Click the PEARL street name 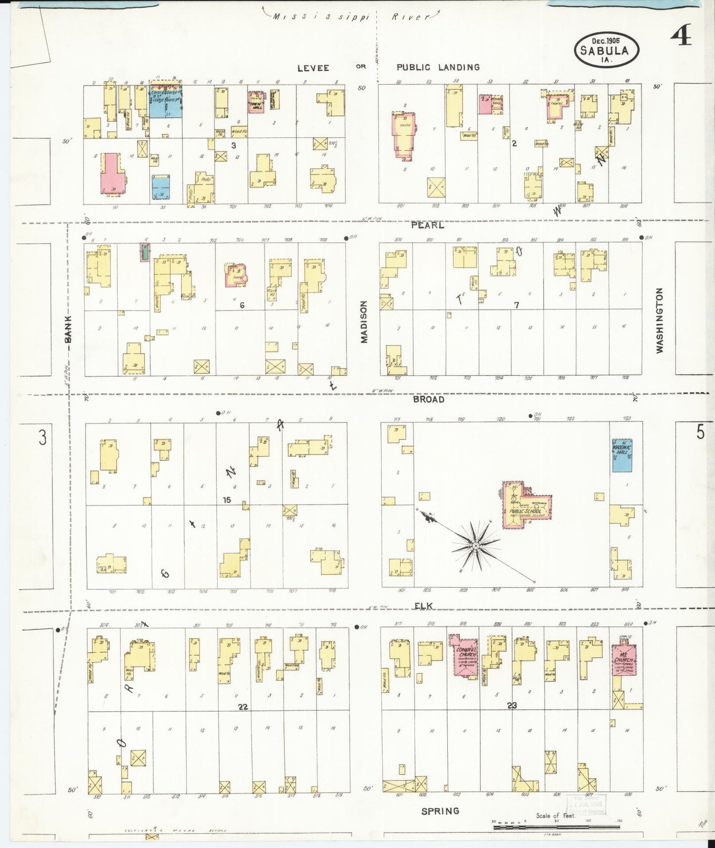(x=428, y=225)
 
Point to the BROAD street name (x=429, y=399)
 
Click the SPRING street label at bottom (x=440, y=811)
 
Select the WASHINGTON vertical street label (x=659, y=321)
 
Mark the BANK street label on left (x=68, y=330)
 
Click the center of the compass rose (x=475, y=546)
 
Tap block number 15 (x=227, y=500)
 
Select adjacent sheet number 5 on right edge (x=700, y=432)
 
